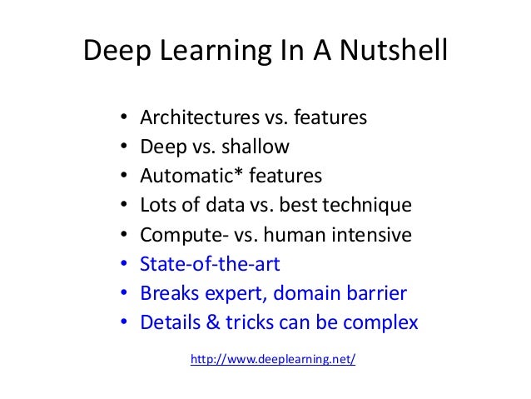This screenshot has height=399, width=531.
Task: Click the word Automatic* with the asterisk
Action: pyautogui.click(x=186, y=177)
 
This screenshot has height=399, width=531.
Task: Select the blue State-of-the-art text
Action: pyautogui.click(x=210, y=265)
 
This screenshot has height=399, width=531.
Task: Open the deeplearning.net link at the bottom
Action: pyautogui.click(x=273, y=360)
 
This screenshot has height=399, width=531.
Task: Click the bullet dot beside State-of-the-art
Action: pyautogui.click(x=123, y=266)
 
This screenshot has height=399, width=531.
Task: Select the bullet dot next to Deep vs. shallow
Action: pyautogui.click(x=123, y=148)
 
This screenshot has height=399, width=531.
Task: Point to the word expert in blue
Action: pyautogui.click(x=232, y=295)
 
